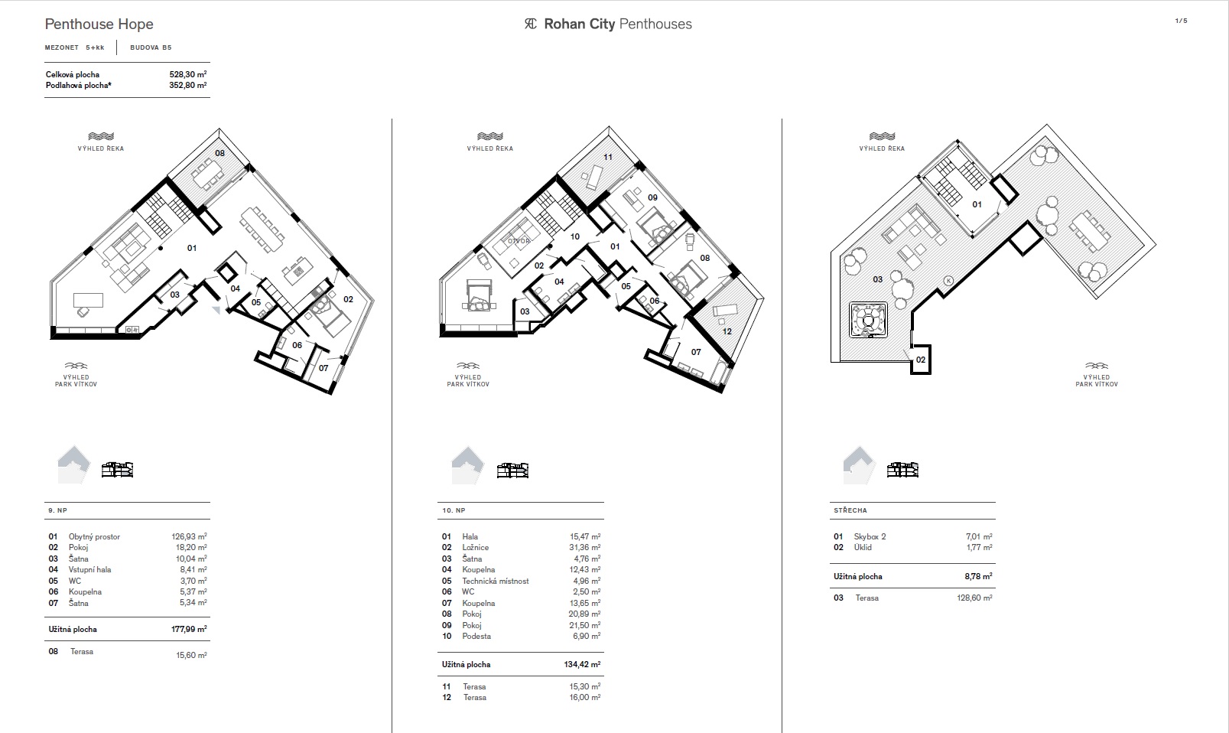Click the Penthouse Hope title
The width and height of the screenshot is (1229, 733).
pos(99,24)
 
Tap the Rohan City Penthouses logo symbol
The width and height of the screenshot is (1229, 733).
pos(531,24)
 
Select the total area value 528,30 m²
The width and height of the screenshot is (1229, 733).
pos(187,74)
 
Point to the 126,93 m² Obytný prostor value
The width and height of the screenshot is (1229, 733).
pos(189,536)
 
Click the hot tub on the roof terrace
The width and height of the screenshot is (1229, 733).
pos(868,320)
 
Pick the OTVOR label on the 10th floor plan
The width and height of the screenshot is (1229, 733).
pos(519,241)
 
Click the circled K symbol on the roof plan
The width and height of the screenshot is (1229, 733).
pos(948,281)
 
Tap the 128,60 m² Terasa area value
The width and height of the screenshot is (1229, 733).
pos(974,598)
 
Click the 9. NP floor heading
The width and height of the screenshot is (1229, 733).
pos(57,510)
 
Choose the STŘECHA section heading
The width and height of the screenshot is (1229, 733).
pos(850,510)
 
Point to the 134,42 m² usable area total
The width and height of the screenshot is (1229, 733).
pos(582,664)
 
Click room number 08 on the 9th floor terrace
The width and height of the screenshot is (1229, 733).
pos(220,153)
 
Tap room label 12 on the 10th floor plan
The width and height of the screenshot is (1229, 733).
pos(727,331)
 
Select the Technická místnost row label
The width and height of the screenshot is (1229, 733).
pos(496,581)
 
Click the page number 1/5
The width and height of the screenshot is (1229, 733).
pos(1182,21)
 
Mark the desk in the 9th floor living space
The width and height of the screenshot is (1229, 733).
pos(88,300)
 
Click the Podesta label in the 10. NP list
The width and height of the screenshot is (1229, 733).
pos(476,636)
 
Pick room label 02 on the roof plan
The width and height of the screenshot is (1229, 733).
pos(921,360)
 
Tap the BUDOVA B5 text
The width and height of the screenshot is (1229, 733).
pos(151,47)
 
